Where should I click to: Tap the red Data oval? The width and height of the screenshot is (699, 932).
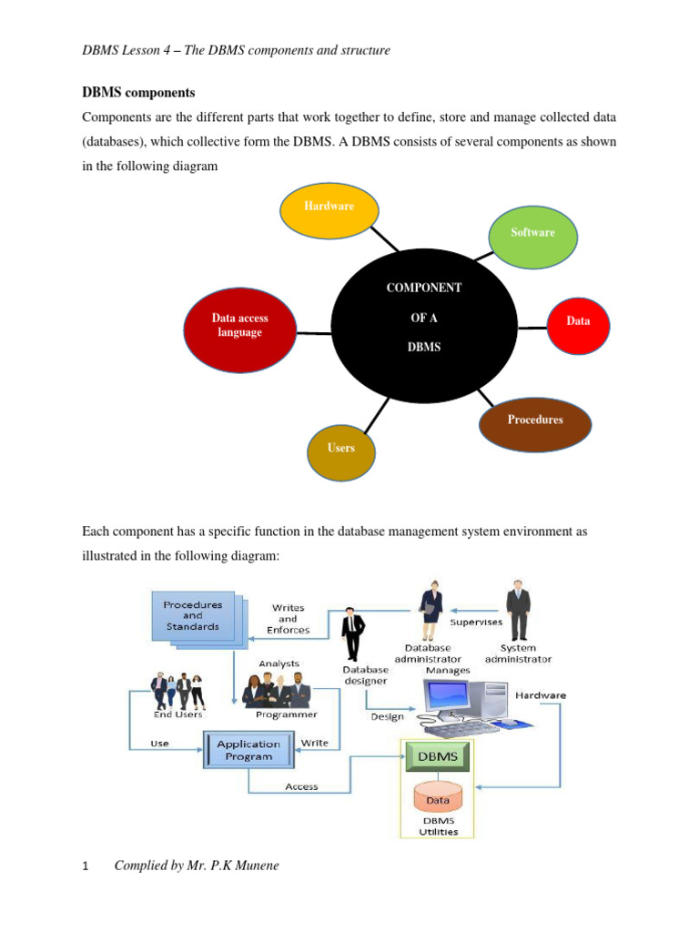[577, 321]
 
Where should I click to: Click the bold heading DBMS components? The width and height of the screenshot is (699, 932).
[138, 93]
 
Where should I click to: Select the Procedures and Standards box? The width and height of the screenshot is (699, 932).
[191, 616]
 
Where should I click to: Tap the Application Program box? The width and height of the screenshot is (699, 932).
[248, 750]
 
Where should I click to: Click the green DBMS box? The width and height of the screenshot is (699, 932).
[438, 756]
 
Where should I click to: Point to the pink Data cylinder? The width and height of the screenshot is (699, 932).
[438, 798]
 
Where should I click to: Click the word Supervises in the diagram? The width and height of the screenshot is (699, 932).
[477, 623]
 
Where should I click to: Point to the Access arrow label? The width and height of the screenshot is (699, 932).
[301, 786]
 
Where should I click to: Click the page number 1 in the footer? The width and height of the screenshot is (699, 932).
[86, 866]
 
